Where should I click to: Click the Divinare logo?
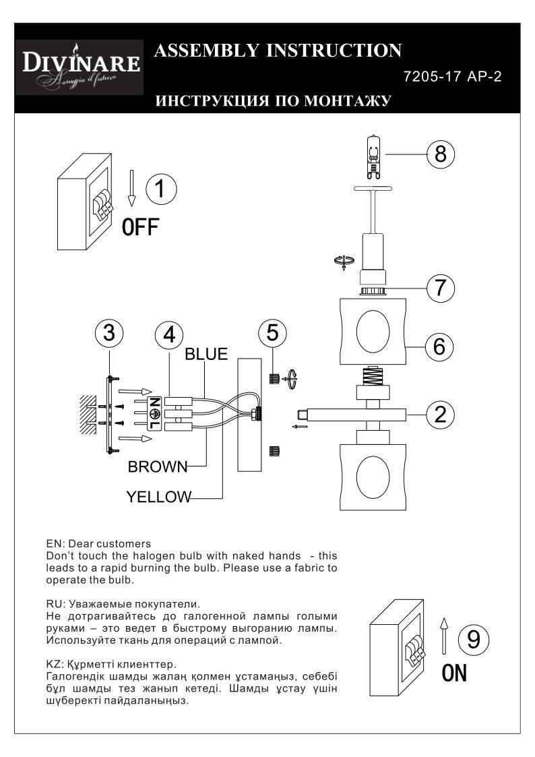tap(80, 67)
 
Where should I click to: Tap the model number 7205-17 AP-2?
tap(452, 76)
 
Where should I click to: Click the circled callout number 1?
tap(160, 188)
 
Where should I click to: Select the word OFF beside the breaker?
tap(140, 226)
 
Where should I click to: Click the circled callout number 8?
tap(441, 154)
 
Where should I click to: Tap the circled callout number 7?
tap(441, 288)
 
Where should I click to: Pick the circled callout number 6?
tap(439, 346)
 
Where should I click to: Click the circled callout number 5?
tap(273, 333)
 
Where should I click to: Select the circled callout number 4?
tap(169, 334)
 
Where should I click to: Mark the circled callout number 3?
tap(110, 333)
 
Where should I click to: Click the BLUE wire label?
tap(206, 354)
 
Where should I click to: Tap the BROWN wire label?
tap(158, 466)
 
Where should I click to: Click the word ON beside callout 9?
tap(454, 673)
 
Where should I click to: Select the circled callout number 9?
tap(474, 638)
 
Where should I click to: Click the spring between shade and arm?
tap(373, 375)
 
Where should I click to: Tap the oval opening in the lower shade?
tap(373, 476)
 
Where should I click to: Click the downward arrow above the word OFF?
tap(131, 188)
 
